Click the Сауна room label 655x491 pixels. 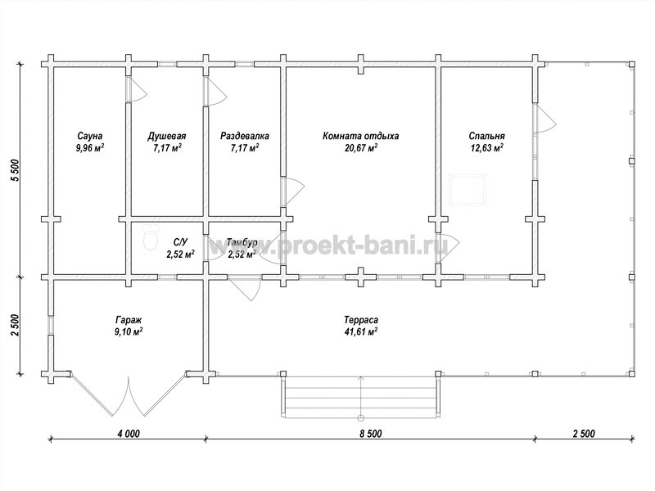point(89,136)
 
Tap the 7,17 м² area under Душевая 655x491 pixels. point(167,148)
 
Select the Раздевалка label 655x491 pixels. point(244,136)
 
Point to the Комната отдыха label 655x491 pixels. point(360,136)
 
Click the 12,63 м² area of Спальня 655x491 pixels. point(486,148)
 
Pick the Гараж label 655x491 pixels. point(129,320)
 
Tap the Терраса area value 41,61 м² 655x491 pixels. point(361,332)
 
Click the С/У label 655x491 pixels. point(180,242)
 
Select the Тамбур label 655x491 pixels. point(242,242)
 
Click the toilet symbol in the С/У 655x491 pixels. point(149,237)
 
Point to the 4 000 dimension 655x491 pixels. point(129,434)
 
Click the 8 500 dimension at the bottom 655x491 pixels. point(370,434)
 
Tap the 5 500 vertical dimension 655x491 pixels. point(16,170)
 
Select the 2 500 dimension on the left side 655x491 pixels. point(16,325)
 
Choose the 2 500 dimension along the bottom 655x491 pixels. point(584,434)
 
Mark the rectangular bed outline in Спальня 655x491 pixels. point(468,191)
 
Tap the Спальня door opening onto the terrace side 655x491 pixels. point(544,119)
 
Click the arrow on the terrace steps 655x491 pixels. point(361,398)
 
